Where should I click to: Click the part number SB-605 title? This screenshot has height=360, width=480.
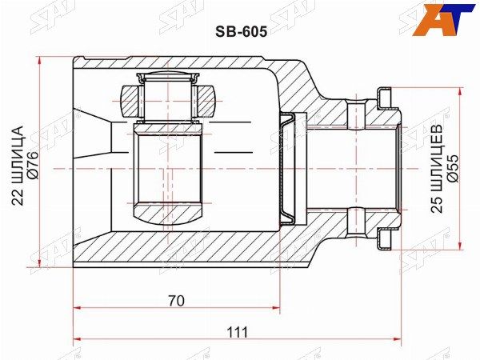[x=242, y=31]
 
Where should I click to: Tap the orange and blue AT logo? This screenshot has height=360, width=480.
[x=443, y=19]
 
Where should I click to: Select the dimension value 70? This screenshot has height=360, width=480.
[x=177, y=301]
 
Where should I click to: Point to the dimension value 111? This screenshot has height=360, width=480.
[x=238, y=332]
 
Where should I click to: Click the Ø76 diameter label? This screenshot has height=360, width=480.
[x=33, y=165]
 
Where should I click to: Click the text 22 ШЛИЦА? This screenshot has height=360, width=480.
[x=18, y=166]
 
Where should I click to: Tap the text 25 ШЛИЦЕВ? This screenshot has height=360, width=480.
[x=438, y=168]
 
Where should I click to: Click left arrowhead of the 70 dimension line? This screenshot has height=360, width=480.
[x=78, y=308]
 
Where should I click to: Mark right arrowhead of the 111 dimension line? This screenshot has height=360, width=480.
[x=397, y=339]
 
